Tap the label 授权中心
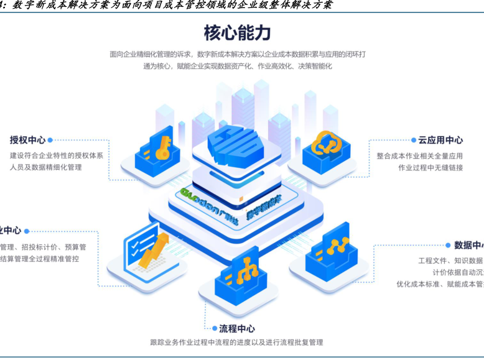tap(27, 140)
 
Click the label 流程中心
tap(237, 328)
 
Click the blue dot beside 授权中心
tap(50, 140)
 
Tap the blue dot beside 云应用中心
tap(413, 141)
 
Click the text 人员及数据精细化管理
tap(46, 167)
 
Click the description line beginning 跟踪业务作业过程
tap(236, 342)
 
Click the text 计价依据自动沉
tap(458, 272)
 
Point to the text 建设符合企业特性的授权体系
tap(57, 155)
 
